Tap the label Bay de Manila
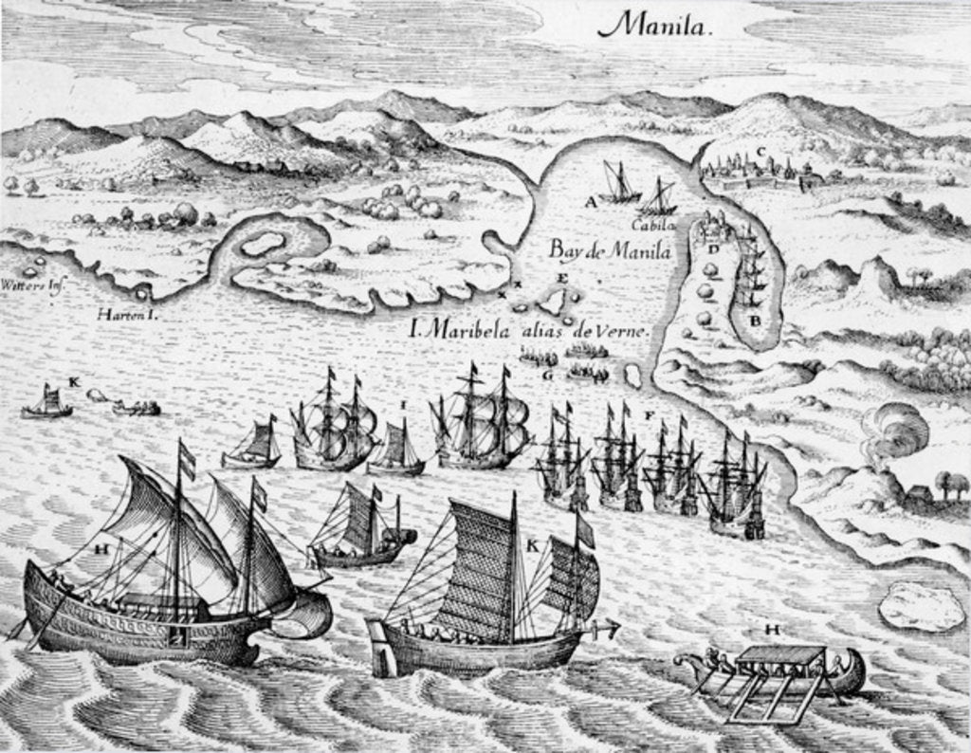coord(610,251)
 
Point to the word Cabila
coord(654,225)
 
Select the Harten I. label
coord(126,314)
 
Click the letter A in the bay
coord(591,201)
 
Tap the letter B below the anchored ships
coord(755,320)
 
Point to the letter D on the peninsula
coord(711,248)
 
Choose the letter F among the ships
coord(649,414)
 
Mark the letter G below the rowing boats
coord(547,375)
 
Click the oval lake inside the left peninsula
coord(263,243)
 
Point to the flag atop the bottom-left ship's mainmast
coord(187,460)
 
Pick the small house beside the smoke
coord(919,494)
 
